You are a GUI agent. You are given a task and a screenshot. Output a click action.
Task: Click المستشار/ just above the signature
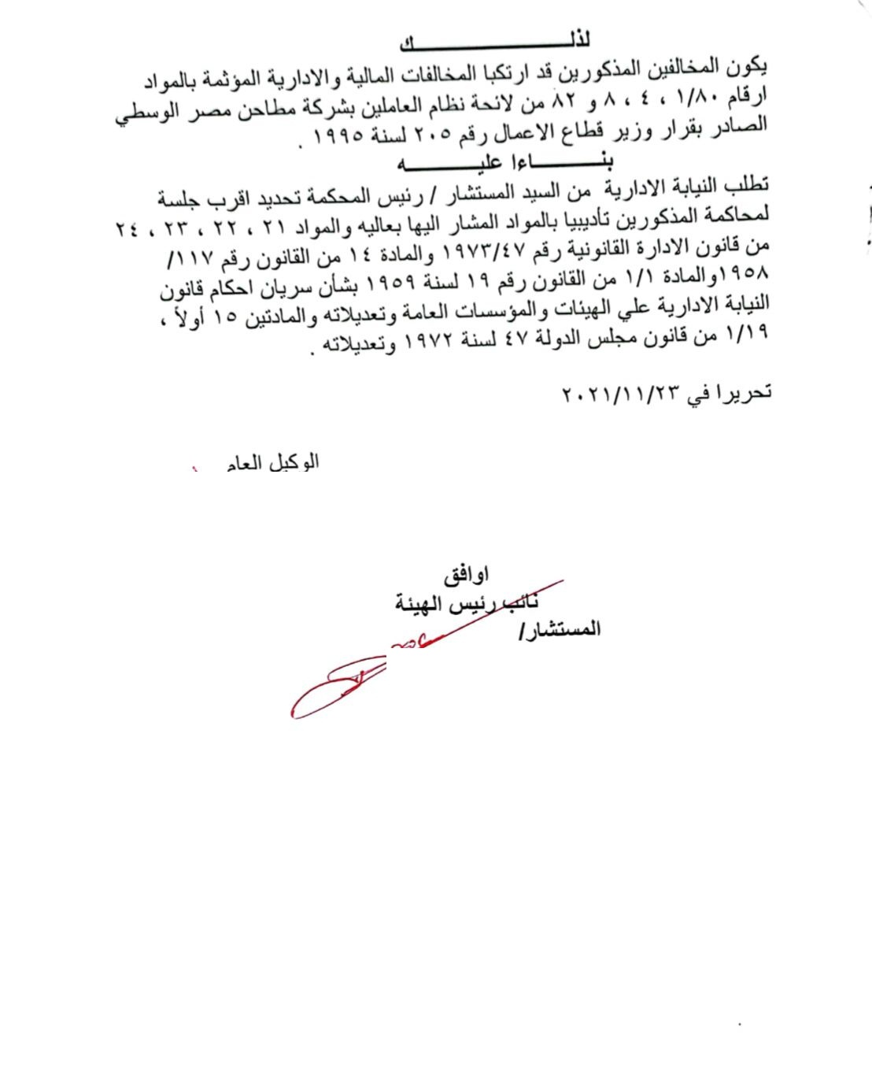coord(560,629)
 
